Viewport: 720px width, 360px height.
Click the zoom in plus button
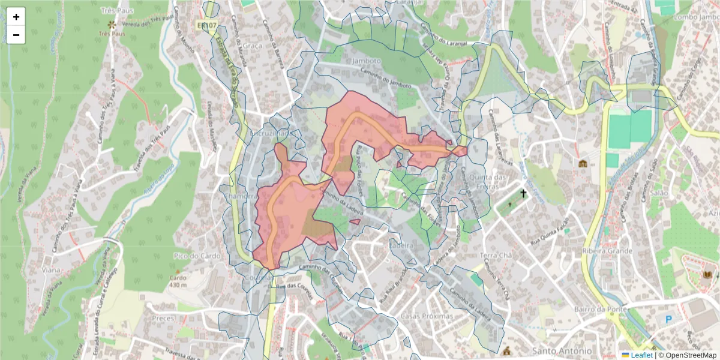pyautogui.click(x=16, y=17)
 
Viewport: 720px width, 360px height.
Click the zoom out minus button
pyautogui.click(x=16, y=35)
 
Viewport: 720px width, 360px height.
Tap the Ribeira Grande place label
pyautogui.click(x=607, y=251)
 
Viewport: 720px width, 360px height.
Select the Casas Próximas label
pyautogui.click(x=427, y=316)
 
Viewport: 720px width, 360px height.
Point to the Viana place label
pyautogui.click(x=51, y=270)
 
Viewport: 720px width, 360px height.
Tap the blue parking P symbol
pyautogui.click(x=668, y=320)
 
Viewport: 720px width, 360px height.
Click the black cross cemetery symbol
pyautogui.click(x=523, y=194)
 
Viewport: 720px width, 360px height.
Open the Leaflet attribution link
pyautogui.click(x=641, y=355)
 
